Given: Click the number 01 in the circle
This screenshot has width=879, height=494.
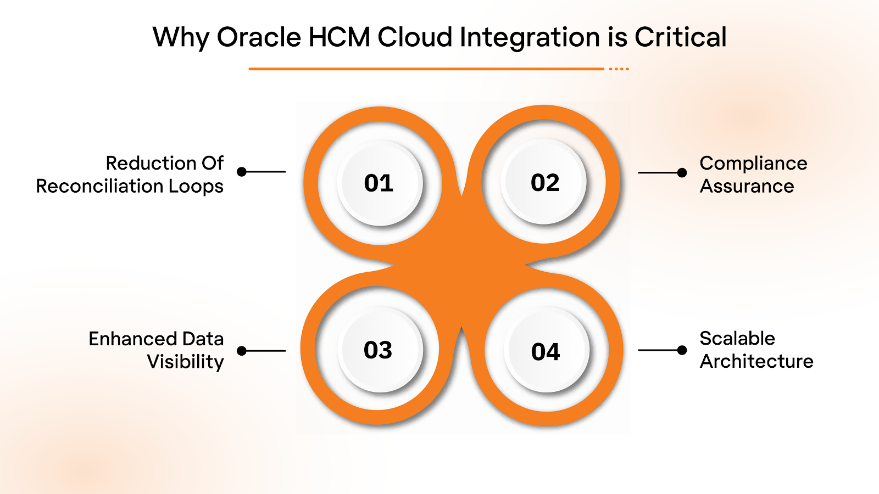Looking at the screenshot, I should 379,183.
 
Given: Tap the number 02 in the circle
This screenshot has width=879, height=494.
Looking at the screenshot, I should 545,183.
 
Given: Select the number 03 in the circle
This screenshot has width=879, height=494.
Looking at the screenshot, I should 378,350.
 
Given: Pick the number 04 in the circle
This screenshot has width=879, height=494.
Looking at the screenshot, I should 546,352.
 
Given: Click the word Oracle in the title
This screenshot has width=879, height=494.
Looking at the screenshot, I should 259,37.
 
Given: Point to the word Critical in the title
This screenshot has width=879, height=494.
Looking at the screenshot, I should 681,37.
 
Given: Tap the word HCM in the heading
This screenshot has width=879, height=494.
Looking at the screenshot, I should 339,37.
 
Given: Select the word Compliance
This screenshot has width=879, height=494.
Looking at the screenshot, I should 753,164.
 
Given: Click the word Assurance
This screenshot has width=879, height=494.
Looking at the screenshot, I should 747,187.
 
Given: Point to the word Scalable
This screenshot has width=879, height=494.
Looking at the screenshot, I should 737,339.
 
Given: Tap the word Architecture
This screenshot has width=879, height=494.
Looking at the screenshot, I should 756,362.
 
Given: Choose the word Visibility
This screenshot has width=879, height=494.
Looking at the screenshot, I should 185,362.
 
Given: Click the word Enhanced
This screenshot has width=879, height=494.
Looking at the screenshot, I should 132,339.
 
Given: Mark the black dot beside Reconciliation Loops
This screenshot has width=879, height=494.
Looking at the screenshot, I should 242,172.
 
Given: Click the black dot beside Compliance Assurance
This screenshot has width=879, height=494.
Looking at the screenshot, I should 682,172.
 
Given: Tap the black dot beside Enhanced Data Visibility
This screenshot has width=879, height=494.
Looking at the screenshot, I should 242,351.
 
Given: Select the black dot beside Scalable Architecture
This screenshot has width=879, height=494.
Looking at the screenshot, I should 682,350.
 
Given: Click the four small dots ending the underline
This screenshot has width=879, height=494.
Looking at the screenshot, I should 619,69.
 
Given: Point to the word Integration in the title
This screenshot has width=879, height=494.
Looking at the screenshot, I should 530,37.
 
